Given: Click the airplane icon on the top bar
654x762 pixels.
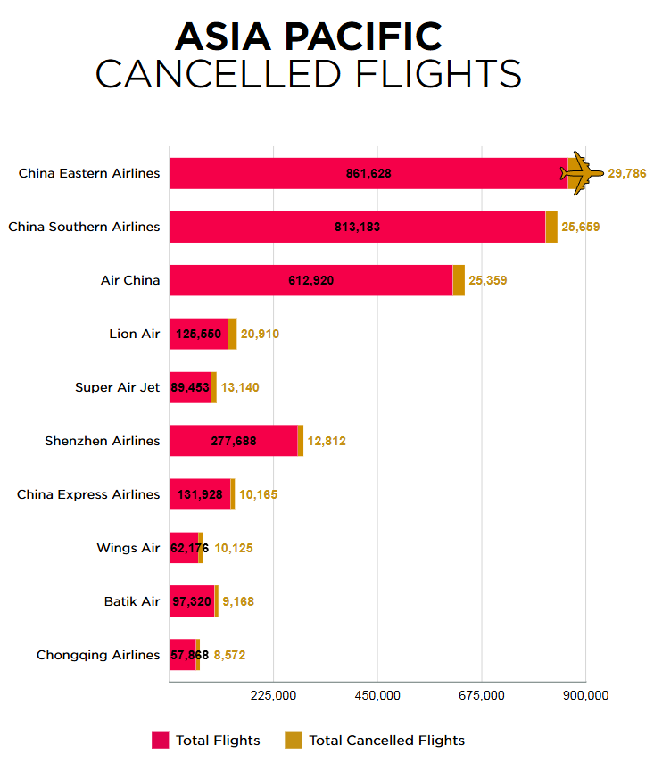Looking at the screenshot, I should click(581, 172).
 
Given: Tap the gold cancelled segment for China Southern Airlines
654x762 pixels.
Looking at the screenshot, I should click(551, 227).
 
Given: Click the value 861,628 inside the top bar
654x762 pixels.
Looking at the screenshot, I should click(368, 173).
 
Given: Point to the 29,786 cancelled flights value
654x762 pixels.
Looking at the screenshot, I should click(626, 173).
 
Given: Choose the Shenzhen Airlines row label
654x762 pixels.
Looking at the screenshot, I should click(103, 441).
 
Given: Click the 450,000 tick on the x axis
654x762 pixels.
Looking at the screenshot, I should click(377, 695).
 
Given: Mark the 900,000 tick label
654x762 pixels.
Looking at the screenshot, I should click(585, 695).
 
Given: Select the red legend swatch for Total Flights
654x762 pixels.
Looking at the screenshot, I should click(161, 740).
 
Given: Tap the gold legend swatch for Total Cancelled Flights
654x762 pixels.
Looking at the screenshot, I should click(294, 740).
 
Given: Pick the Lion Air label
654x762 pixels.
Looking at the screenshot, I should click(135, 334).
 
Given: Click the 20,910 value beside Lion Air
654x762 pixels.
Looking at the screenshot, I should click(261, 334).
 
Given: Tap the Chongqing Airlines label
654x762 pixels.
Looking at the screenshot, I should click(98, 655).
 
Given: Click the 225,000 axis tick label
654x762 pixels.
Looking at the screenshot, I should click(273, 695).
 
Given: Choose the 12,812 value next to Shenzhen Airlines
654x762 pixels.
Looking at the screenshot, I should click(327, 441).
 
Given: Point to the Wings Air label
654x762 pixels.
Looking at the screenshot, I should click(128, 548).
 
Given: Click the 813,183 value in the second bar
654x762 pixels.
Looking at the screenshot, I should click(357, 227).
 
